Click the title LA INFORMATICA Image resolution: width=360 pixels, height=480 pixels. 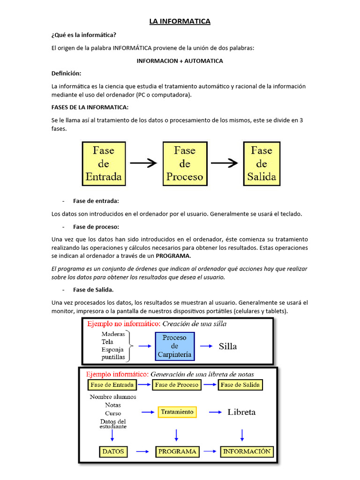pyautogui.click(x=180, y=21)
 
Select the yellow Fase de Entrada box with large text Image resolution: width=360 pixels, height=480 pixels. pyautogui.click(x=104, y=164)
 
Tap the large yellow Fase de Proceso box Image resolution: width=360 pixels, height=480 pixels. pyautogui.click(x=185, y=164)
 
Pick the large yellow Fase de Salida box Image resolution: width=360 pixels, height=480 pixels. pyautogui.click(x=262, y=164)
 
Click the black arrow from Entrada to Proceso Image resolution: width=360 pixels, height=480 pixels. pyautogui.click(x=143, y=163)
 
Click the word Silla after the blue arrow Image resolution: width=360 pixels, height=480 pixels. pyautogui.click(x=228, y=346)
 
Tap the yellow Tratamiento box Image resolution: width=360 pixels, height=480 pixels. pyautogui.click(x=177, y=412)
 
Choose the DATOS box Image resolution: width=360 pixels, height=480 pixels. pyautogui.click(x=113, y=451)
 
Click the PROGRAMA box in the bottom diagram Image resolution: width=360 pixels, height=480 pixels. pyautogui.click(x=177, y=451)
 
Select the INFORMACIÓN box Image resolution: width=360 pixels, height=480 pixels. pyautogui.click(x=247, y=451)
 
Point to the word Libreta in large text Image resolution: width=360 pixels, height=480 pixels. pyautogui.click(x=241, y=412)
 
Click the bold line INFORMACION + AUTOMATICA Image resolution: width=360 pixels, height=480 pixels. pyautogui.click(x=180, y=61)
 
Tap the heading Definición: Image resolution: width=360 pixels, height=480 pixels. pyautogui.click(x=66, y=74)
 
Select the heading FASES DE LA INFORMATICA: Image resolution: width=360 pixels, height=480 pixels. pyautogui.click(x=90, y=107)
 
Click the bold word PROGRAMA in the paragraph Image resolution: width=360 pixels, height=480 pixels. pyautogui.click(x=173, y=256)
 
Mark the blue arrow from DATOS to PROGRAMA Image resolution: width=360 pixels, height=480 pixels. pyautogui.click(x=142, y=451)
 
